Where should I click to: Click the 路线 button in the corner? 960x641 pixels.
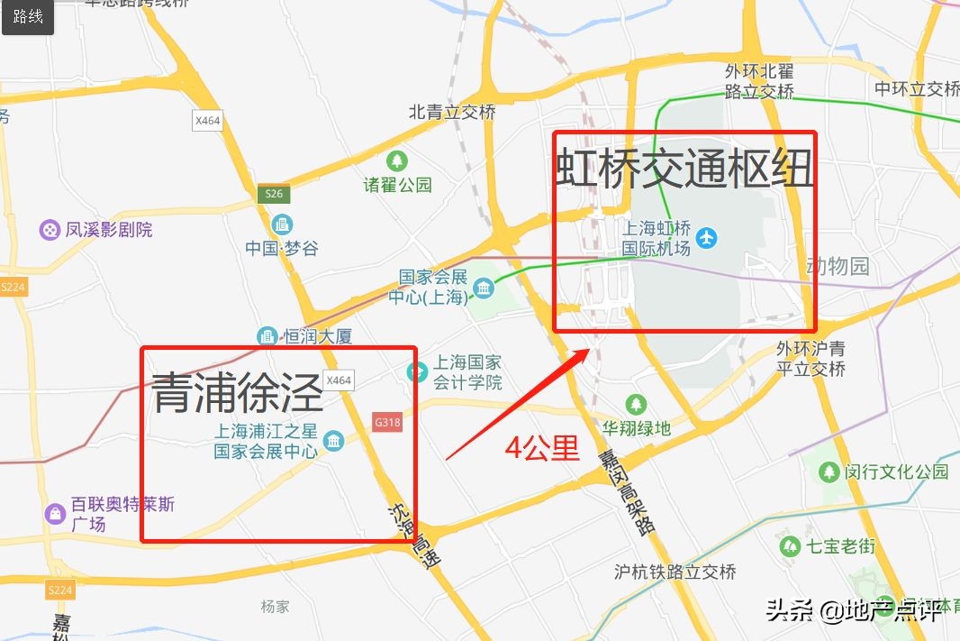tap(28, 17)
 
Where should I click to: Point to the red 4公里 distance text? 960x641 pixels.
tap(541, 448)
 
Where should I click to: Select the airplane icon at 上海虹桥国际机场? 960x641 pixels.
tap(708, 238)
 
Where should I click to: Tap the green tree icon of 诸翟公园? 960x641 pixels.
tap(396, 161)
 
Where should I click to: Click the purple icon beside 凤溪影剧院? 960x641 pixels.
tap(49, 230)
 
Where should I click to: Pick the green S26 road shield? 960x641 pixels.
tap(274, 194)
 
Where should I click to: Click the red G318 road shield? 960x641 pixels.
tap(386, 421)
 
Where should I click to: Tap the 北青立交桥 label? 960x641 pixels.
tap(452, 113)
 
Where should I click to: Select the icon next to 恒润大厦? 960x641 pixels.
tap(267, 336)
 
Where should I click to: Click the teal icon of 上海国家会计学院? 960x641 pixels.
tap(417, 371)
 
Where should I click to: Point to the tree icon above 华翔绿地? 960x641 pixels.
tap(637, 403)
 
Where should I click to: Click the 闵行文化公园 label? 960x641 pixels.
tap(896, 472)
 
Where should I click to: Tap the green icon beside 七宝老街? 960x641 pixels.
tap(790, 545)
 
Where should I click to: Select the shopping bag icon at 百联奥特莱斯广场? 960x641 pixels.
tap(56, 514)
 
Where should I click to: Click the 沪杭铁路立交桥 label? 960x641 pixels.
tap(675, 572)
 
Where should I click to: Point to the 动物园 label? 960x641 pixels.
tap(838, 266)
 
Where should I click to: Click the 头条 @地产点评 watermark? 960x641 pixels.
tap(854, 611)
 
